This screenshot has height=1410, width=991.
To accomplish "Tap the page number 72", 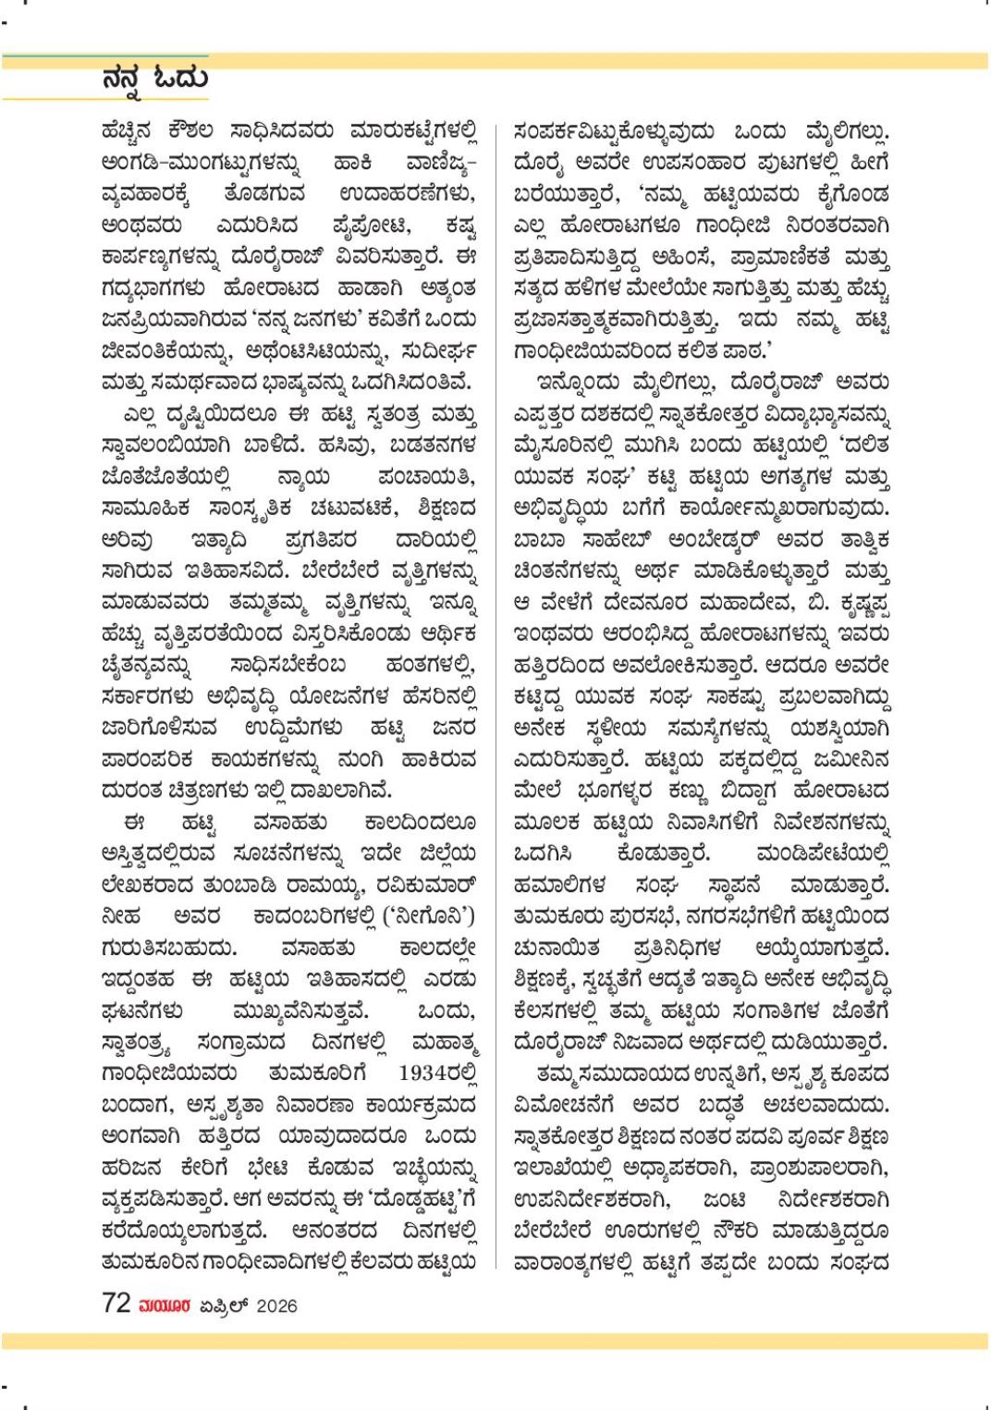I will pos(116,1303).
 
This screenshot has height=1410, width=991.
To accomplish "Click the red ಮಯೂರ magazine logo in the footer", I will pos(165,1305).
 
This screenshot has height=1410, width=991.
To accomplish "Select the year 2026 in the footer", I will pos(276,1305).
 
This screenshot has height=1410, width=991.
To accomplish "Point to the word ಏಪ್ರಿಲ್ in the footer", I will pos(224,1305).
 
